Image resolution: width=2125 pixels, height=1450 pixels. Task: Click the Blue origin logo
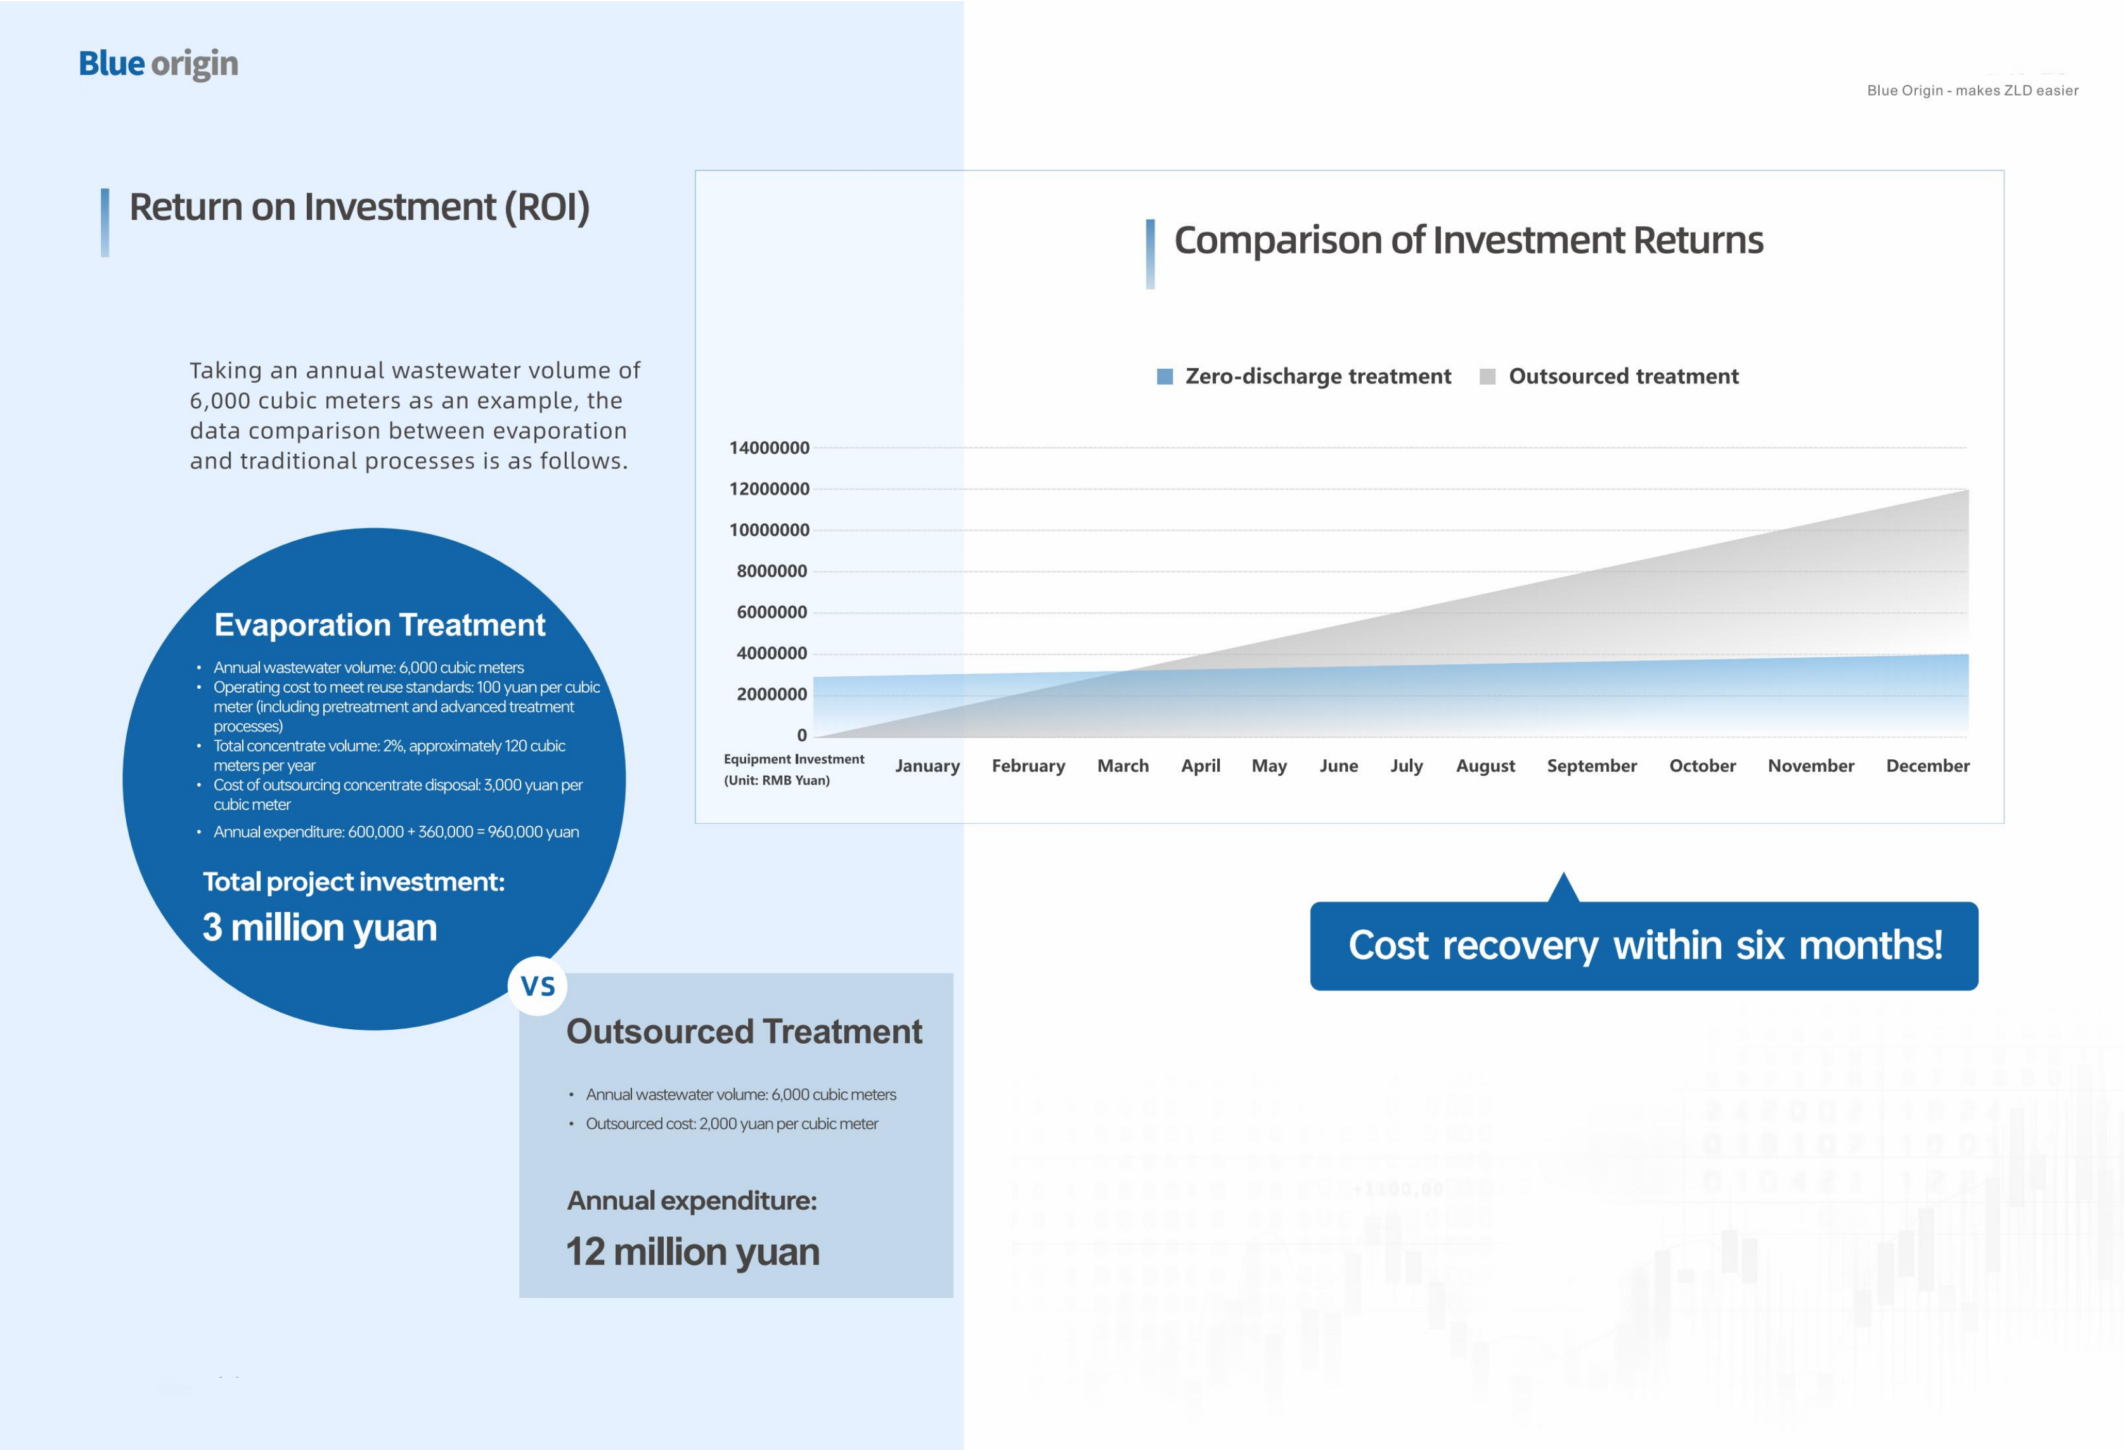pyautogui.click(x=158, y=64)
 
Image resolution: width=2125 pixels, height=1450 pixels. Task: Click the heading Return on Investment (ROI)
pyautogui.click(x=359, y=207)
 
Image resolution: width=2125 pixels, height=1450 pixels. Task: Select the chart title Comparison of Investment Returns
pyautogui.click(x=1468, y=240)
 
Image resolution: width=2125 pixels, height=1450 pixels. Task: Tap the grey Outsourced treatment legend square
pyautogui.click(x=1488, y=376)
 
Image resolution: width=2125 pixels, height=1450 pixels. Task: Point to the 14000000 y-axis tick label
pyautogui.click(x=769, y=448)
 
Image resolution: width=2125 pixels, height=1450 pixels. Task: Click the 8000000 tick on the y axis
pyautogui.click(x=772, y=572)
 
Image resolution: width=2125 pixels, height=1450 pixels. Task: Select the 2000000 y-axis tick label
pyautogui.click(x=772, y=695)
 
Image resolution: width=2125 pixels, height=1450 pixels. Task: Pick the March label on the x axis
pyautogui.click(x=1123, y=766)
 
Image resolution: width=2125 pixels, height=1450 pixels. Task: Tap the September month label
pyautogui.click(x=1592, y=766)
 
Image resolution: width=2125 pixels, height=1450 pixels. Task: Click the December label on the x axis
pyautogui.click(x=1927, y=766)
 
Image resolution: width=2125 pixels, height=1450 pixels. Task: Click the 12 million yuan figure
pyautogui.click(x=692, y=1252)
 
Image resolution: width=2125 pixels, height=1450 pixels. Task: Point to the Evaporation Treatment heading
pyautogui.click(x=380, y=626)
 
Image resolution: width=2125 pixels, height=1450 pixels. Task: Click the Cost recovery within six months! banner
pyautogui.click(x=1644, y=946)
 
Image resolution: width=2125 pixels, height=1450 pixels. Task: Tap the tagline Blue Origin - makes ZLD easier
pyautogui.click(x=1972, y=91)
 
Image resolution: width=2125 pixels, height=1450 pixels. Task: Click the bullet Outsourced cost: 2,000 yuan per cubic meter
pyautogui.click(x=732, y=1124)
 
